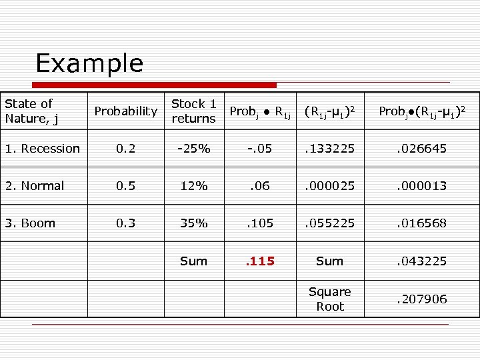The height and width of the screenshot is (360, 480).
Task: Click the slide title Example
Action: [89, 63]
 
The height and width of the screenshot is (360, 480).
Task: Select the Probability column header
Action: [125, 111]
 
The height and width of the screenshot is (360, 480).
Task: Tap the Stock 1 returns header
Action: [193, 111]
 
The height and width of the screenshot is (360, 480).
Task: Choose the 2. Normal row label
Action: [34, 186]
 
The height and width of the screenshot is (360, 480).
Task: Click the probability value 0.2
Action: [125, 149]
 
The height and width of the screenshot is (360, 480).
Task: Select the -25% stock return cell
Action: [193, 149]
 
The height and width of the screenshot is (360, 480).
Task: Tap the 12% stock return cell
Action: [193, 186]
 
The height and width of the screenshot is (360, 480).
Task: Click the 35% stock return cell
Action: [193, 223]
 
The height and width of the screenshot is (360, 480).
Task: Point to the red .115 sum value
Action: [260, 261]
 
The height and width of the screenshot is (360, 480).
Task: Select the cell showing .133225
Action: [329, 149]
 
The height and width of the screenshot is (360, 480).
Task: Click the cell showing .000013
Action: [422, 186]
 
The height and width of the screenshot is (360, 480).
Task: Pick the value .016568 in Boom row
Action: [422, 223]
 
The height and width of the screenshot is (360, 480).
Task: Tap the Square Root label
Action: [329, 299]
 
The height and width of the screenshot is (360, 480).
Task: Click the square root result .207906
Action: [422, 299]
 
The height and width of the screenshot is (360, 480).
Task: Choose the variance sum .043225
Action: [422, 261]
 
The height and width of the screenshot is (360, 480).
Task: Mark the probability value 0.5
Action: [125, 186]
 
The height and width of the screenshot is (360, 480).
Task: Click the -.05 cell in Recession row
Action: [260, 149]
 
